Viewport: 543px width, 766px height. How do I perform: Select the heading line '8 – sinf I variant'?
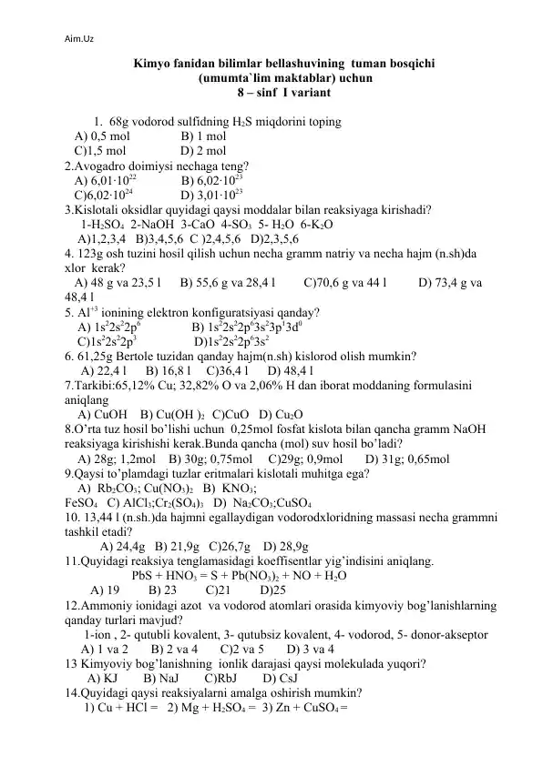click(x=271, y=93)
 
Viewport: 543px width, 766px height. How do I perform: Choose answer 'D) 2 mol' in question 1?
click(x=204, y=151)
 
